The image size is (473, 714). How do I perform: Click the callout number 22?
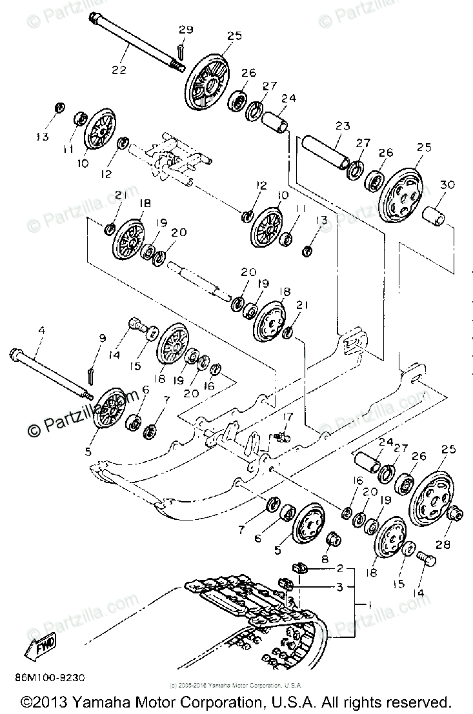click(119, 70)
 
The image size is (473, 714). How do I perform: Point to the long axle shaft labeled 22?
click(136, 45)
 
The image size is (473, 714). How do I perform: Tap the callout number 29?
click(185, 30)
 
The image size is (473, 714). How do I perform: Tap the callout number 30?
click(447, 184)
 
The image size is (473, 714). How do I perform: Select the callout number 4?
click(41, 331)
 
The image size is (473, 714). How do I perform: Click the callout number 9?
click(101, 337)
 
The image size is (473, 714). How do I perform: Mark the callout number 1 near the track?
click(368, 605)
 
